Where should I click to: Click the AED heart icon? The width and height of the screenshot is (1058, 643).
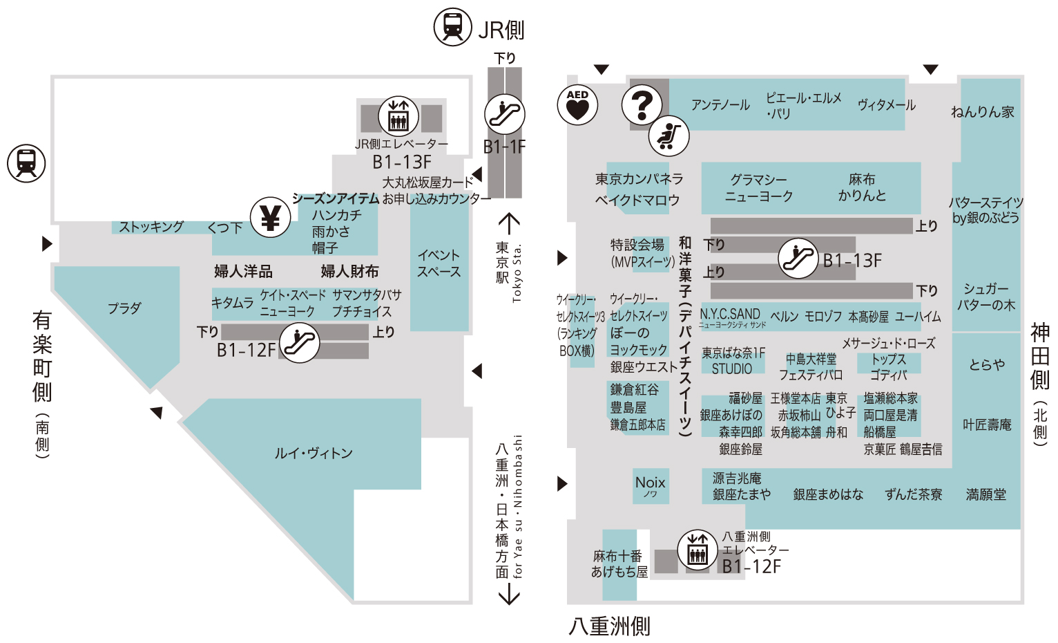[x=577, y=105]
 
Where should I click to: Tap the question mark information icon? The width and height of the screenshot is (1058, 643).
[x=642, y=105]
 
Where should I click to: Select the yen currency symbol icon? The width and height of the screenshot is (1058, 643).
[x=270, y=218]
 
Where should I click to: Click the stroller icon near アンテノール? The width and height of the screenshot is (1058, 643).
[x=669, y=136]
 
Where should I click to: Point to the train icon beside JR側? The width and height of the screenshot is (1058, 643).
[x=453, y=27]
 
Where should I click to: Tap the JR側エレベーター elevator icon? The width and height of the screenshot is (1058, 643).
[x=398, y=116]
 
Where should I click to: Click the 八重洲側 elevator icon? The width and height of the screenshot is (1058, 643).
[x=698, y=550]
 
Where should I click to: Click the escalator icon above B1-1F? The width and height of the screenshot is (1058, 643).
[x=504, y=114]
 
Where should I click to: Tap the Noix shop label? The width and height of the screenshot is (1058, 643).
[x=651, y=486]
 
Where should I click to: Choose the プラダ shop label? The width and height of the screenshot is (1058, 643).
[x=124, y=308]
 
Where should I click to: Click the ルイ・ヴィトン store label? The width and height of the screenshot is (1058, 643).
[x=314, y=454]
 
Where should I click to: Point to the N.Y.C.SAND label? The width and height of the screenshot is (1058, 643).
[x=731, y=316]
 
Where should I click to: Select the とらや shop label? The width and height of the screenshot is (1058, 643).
[x=987, y=364]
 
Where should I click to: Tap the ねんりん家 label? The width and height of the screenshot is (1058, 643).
[x=983, y=112]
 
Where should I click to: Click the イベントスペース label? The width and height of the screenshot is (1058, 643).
[x=439, y=263]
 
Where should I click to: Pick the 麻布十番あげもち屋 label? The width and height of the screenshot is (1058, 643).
[x=619, y=563]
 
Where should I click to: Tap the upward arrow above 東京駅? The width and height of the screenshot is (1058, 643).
[x=509, y=223]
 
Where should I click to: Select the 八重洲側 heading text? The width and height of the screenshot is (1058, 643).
[x=609, y=626]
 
